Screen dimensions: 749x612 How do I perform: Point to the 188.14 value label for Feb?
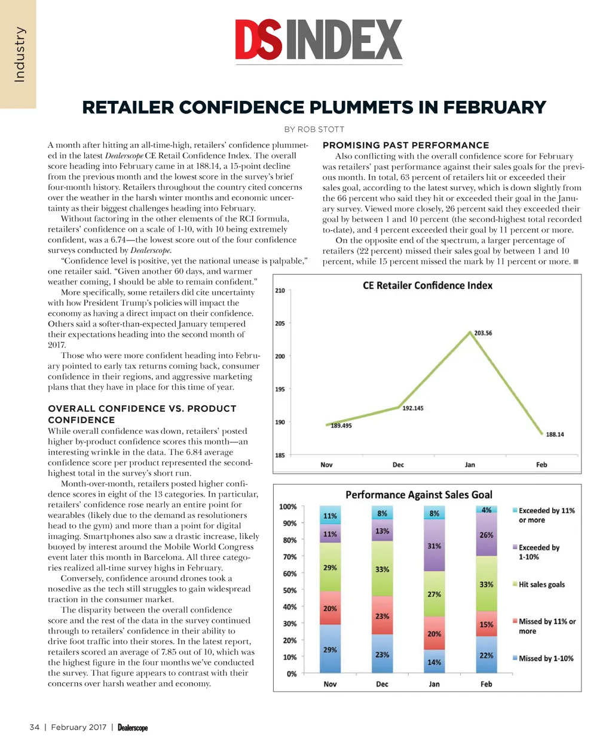(555, 434)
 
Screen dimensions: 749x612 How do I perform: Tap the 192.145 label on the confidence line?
(412, 408)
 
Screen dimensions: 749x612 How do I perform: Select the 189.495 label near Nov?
(341, 426)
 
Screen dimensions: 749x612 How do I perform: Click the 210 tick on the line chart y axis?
(280, 291)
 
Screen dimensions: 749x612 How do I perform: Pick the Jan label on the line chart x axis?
(470, 465)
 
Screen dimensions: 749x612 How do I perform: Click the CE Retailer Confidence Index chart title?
(427, 285)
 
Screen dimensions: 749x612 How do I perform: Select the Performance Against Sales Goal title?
(418, 495)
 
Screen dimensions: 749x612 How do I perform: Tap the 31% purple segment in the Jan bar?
(434, 546)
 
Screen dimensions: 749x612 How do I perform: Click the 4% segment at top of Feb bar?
(486, 510)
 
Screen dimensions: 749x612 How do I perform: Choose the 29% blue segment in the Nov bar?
(330, 649)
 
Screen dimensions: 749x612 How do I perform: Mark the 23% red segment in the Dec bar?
(382, 616)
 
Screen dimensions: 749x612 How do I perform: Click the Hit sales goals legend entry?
(541, 585)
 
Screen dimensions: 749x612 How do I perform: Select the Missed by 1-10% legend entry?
(545, 658)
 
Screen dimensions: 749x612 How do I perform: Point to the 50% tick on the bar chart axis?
(289, 590)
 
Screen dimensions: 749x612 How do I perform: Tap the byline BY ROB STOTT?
(314, 129)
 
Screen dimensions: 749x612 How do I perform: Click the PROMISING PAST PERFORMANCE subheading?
(406, 145)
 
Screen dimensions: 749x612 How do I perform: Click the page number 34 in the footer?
(35, 727)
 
